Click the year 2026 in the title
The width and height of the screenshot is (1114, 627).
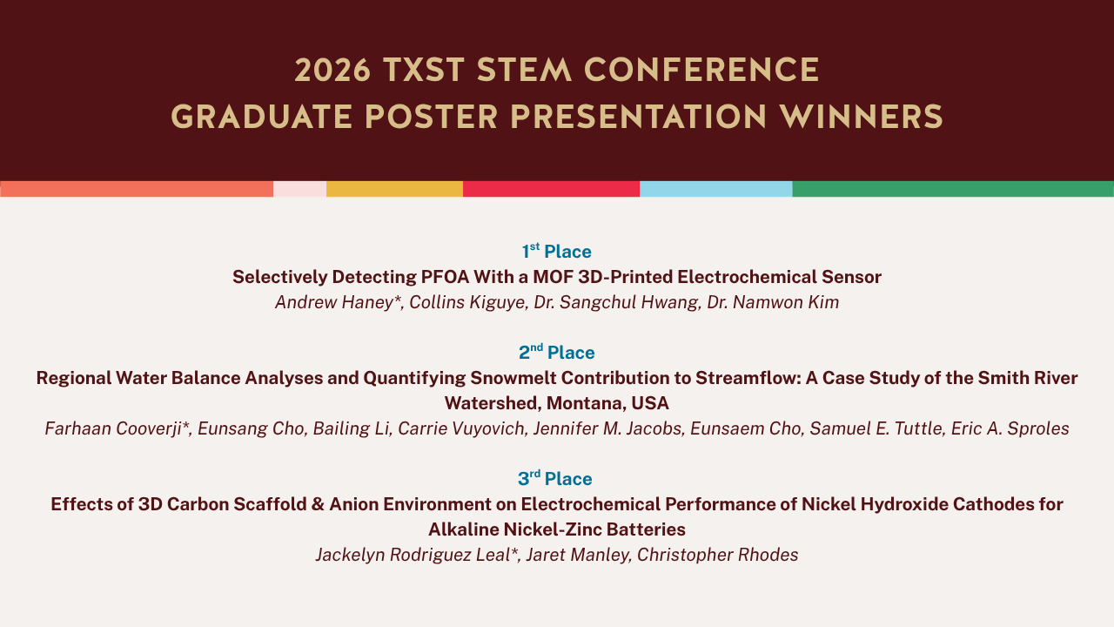[x=332, y=71]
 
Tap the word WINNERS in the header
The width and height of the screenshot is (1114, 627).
[x=861, y=118]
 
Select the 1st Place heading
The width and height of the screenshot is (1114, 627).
[x=556, y=251]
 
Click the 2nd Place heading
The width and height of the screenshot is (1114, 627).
[x=556, y=352]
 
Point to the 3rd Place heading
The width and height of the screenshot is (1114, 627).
[x=555, y=478]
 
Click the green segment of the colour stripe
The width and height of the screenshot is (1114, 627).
[x=953, y=189]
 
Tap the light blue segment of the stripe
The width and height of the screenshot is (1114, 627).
[x=715, y=189]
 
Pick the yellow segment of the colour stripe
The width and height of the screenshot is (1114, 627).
[x=394, y=189]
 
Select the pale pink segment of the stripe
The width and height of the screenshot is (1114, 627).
[x=299, y=189]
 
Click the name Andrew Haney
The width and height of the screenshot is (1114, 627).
[x=335, y=302]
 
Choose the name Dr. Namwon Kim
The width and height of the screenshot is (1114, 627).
[x=773, y=302]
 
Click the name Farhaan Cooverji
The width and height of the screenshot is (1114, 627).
[x=113, y=428]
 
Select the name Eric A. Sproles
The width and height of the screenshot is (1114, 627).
[x=1010, y=428]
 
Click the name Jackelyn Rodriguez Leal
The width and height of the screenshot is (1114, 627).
[x=413, y=555]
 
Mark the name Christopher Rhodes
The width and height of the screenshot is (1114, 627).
[x=718, y=555]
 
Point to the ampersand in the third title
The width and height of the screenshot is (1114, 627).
[x=318, y=504]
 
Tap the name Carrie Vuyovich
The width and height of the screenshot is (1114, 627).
[x=461, y=428]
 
